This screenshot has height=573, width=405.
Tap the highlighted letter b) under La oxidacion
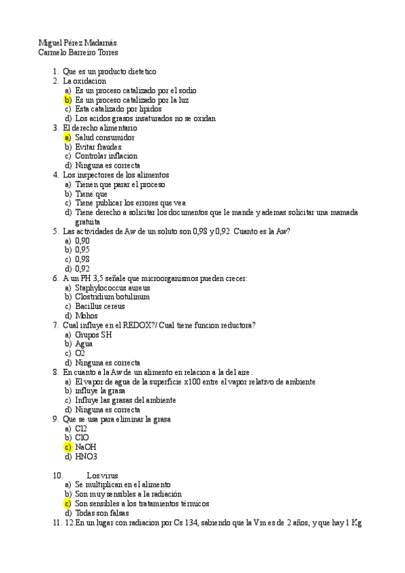68,99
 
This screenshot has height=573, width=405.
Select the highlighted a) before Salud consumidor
68,137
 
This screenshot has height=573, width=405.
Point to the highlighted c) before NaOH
68,447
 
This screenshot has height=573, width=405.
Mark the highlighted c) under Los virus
68,503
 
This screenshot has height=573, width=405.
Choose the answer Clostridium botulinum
112,297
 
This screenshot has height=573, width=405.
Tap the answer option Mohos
87,316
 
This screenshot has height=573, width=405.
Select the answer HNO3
87,456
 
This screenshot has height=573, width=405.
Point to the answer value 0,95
82,249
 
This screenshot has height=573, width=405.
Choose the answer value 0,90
82,240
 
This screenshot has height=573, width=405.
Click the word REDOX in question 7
141,325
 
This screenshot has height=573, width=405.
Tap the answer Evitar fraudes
97,147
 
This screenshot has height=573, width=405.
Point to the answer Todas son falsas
101,513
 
